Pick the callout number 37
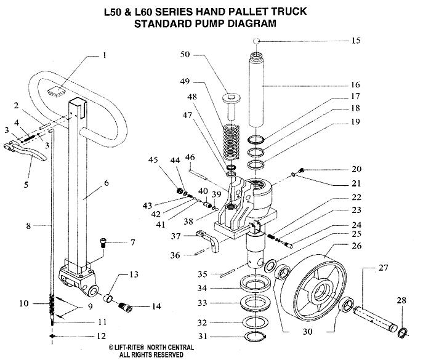(175, 236)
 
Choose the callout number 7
(132, 242)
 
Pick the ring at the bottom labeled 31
(252, 336)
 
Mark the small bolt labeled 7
(104, 244)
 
